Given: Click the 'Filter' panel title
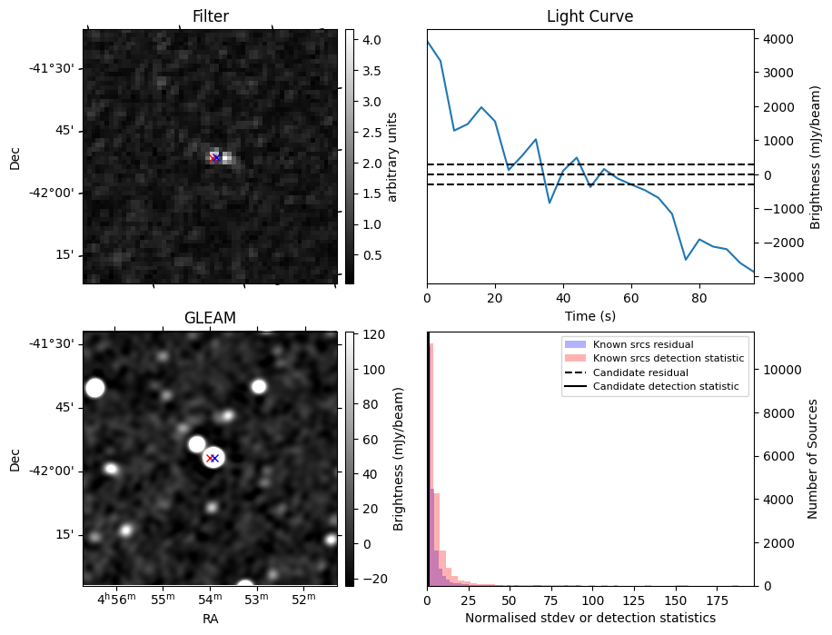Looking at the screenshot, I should click(x=210, y=16).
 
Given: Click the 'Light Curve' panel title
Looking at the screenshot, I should click(x=589, y=16).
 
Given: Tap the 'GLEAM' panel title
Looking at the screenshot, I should click(x=210, y=318).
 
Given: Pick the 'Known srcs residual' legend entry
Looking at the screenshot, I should click(x=642, y=345).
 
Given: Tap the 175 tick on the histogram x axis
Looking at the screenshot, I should click(x=718, y=600).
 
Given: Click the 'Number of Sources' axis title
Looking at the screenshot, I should click(x=813, y=459).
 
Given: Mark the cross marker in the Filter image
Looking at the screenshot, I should click(x=214, y=157).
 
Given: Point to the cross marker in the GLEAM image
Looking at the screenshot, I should click(x=213, y=458).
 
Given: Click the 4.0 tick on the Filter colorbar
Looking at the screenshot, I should click(x=371, y=39).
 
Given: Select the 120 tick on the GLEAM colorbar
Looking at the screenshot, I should click(x=371, y=335).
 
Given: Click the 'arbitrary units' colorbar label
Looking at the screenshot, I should click(x=392, y=156).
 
